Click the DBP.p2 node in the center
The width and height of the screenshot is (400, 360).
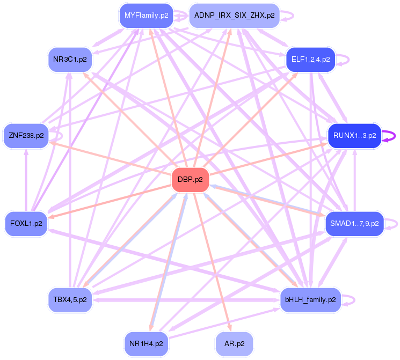(190, 179)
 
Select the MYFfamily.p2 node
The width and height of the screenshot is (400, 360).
(147, 15)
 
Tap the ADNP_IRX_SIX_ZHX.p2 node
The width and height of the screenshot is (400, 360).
(234, 16)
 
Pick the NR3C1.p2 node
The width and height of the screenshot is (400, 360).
(70, 59)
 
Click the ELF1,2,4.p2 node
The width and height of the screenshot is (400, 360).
(311, 59)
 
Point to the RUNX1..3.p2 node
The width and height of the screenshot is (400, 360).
(354, 136)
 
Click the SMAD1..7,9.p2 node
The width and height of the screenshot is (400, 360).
(354, 223)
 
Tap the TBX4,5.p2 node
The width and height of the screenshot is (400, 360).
(70, 299)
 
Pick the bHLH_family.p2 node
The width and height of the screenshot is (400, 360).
(310, 299)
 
